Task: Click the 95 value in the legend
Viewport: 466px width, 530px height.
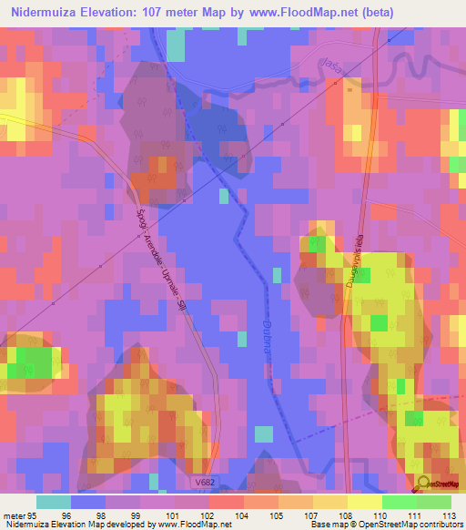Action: coord(34,515)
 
